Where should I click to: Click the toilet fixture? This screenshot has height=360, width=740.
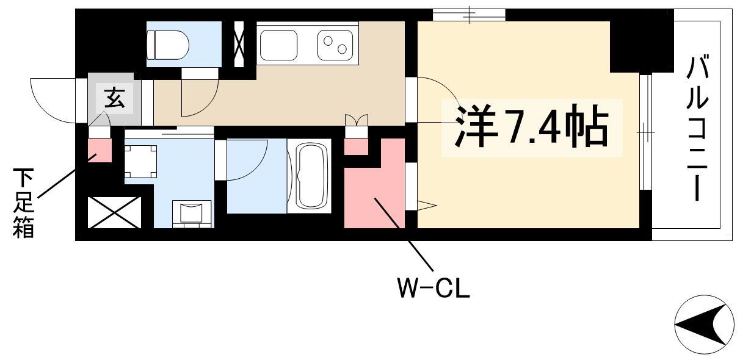point(167,45)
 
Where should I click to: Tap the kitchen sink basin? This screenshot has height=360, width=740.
point(278,45)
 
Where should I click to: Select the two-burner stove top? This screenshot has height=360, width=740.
point(335,45)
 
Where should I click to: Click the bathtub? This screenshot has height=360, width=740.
point(309,176)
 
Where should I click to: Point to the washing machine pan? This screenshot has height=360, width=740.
point(140,162)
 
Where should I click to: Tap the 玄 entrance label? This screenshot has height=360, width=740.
point(115,98)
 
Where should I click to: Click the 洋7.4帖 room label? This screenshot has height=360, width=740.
point(532,127)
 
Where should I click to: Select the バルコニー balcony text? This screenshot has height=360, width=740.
point(697,129)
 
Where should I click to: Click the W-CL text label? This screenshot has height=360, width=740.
point(433,287)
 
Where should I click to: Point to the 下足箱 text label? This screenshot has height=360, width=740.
point(24,203)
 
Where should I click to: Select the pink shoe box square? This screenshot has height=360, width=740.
point(100,150)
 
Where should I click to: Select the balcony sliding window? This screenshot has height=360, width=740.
point(646,132)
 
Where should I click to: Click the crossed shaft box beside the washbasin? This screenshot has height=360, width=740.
point(114,213)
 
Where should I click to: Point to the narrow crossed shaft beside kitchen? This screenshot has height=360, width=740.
point(239,45)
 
